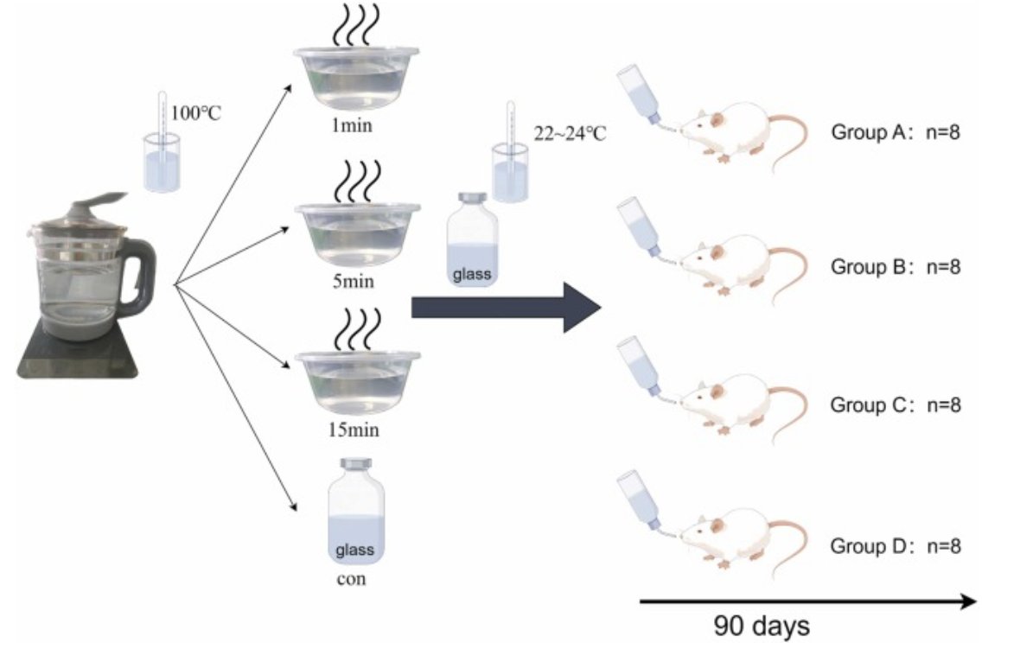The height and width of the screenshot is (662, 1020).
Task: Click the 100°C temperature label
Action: [198, 111]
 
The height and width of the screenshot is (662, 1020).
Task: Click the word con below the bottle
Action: [351, 578]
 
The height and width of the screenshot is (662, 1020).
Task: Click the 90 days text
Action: [762, 625]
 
